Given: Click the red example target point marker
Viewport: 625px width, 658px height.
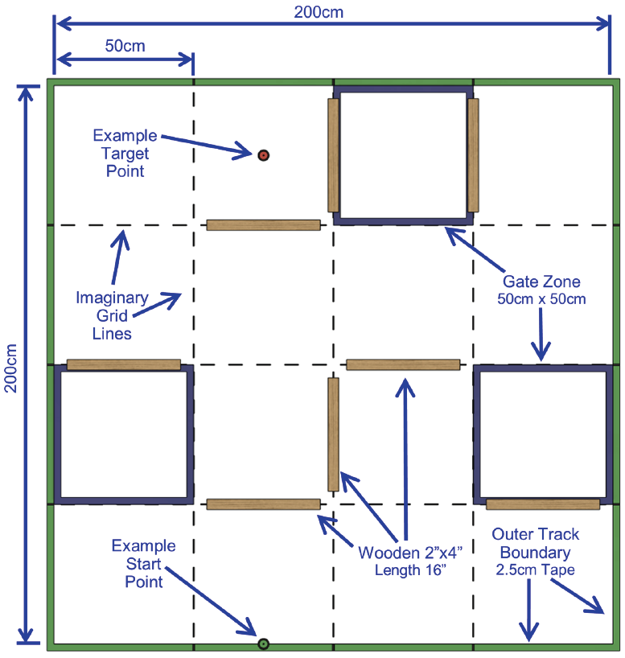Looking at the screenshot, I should point(263,154).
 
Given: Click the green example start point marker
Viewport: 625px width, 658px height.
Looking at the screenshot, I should point(262,644).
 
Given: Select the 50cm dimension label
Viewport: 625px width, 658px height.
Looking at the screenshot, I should point(125,46).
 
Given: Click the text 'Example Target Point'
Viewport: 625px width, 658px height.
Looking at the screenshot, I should point(125,153).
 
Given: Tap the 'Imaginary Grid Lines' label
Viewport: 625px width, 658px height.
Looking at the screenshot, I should point(112,315).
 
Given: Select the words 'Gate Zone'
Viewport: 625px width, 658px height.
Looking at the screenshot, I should point(541,282).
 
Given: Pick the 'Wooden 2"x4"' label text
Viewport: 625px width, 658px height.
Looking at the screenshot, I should point(400,553).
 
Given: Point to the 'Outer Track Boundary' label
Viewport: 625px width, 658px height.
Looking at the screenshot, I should point(535,543).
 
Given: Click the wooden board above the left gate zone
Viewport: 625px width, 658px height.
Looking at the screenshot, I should point(123,364).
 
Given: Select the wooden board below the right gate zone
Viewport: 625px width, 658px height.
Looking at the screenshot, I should point(543,504).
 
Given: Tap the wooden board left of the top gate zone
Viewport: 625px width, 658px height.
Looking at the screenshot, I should point(333,155).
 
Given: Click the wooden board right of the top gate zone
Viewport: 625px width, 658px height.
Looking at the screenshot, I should point(473,155).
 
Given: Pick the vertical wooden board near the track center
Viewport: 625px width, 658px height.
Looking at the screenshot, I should point(333,434).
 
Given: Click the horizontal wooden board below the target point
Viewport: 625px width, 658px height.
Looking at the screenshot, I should point(263,225).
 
